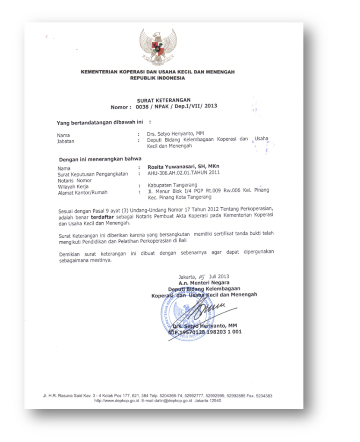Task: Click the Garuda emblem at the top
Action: click(x=158, y=47)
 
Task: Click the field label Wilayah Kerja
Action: click(x=71, y=186)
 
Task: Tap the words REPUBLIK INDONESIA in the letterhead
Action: click(x=158, y=78)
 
